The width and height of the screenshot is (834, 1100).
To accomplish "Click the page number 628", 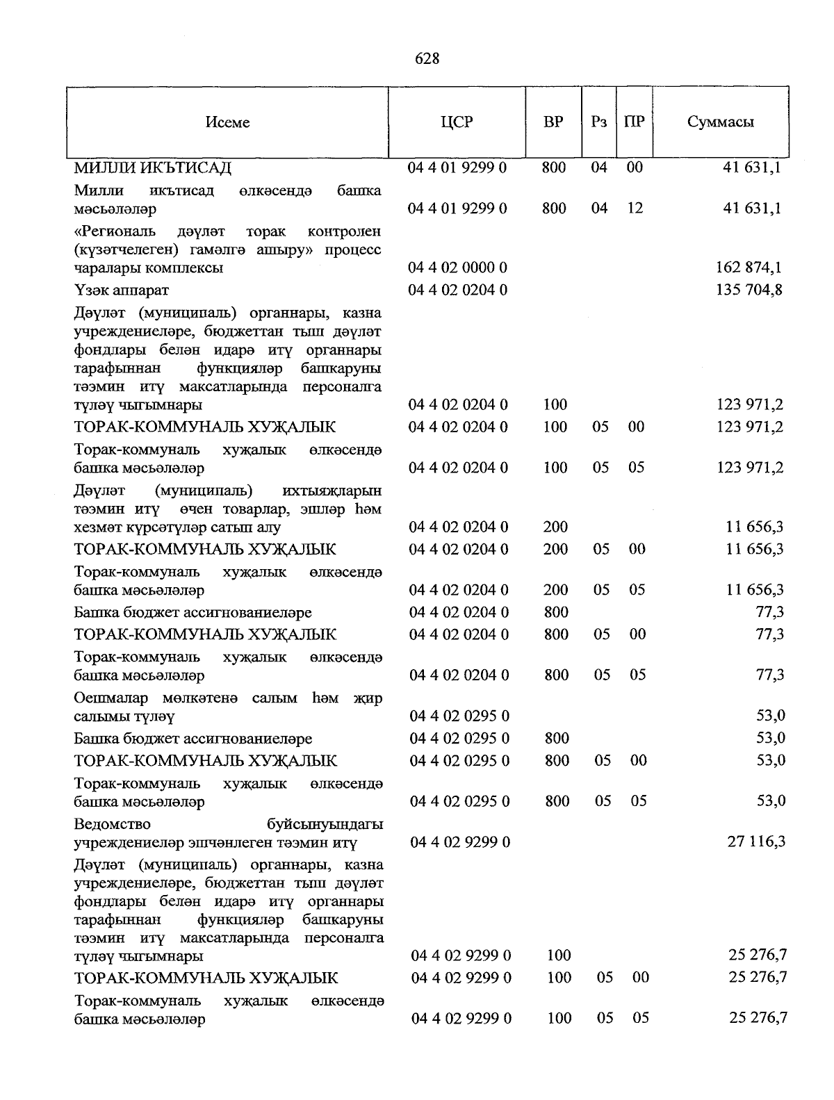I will (427, 59).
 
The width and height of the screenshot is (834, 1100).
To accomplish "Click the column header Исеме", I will (227, 122).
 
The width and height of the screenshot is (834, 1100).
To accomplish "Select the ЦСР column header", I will (457, 122).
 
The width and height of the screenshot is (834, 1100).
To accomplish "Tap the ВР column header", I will (553, 122).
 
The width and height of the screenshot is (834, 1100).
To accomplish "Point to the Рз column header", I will (599, 122).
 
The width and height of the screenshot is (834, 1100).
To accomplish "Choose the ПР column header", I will (634, 122).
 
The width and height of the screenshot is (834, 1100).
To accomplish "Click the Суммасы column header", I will (721, 122).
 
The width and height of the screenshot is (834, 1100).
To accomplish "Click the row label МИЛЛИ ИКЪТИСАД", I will (152, 167).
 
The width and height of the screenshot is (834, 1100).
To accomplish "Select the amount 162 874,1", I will (749, 268).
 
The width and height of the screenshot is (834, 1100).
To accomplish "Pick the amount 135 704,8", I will (749, 290).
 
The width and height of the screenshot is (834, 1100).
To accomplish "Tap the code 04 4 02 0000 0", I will (458, 268).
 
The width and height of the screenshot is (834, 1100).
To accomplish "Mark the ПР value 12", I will (635, 208).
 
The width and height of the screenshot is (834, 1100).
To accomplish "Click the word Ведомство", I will (112, 824).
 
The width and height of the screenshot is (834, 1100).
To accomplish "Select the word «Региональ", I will (115, 231).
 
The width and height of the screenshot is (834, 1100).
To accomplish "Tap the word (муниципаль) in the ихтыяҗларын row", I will (204, 491).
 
